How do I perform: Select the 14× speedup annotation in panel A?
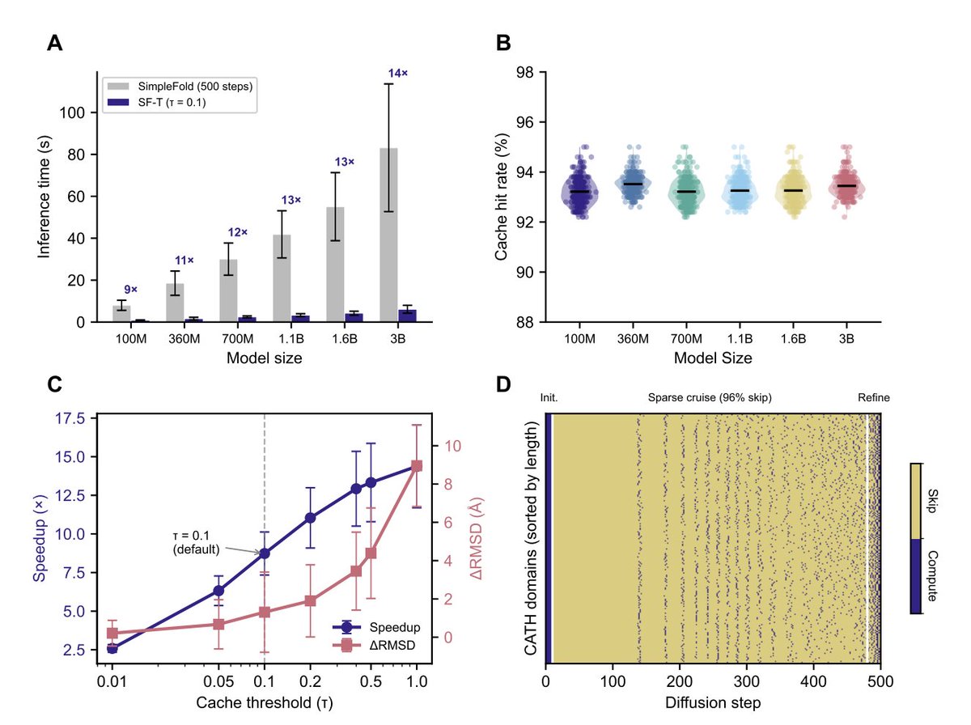pos(398,74)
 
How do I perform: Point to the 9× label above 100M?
pos(130,289)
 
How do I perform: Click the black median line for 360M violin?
pos(633,184)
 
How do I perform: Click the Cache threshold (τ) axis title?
pos(264,702)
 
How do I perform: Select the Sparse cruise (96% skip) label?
pos(710,398)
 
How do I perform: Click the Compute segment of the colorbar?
pos(918,577)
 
